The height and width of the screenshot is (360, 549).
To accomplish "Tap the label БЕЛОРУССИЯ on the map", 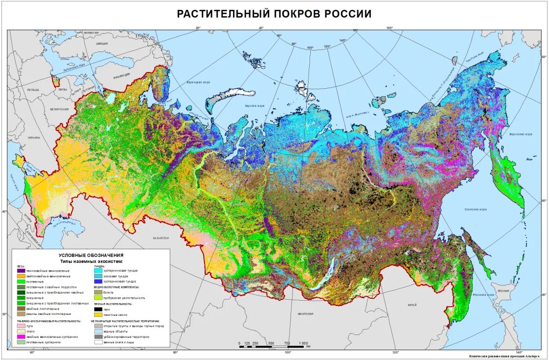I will tap(59, 109).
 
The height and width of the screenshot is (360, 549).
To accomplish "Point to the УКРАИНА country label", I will tap(34, 138).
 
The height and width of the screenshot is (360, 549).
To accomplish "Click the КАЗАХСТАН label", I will tap(160, 238).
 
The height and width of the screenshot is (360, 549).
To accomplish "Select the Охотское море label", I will tap(475, 209).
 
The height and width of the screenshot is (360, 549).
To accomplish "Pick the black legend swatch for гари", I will tap(98, 309).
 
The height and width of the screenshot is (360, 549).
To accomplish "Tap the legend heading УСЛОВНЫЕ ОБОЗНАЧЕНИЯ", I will tap(91, 255).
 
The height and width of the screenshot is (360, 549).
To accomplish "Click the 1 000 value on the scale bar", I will tap(303, 343).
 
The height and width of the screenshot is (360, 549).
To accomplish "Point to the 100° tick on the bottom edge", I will tap(287, 352).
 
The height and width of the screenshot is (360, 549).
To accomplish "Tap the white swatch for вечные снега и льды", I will tap(98, 342).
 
